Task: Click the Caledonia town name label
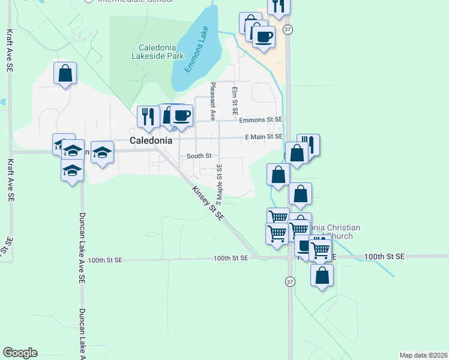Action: tap(151, 140)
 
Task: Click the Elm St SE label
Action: tap(235, 100)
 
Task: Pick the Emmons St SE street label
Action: tap(261, 120)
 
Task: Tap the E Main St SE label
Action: tap(264, 137)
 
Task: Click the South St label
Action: tap(199, 156)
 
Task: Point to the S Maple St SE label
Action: tap(220, 180)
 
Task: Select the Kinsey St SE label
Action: tap(208, 202)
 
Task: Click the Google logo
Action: tap(20, 353)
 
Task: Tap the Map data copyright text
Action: tap(423, 355)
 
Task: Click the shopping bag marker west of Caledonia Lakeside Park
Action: tap(65, 74)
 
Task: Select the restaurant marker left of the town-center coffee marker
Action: tap(146, 115)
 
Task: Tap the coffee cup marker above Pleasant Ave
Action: tap(181, 114)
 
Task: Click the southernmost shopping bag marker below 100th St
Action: tap(322, 275)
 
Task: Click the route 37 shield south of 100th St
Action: tap(291, 281)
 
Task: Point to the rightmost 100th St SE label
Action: tap(385, 257)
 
